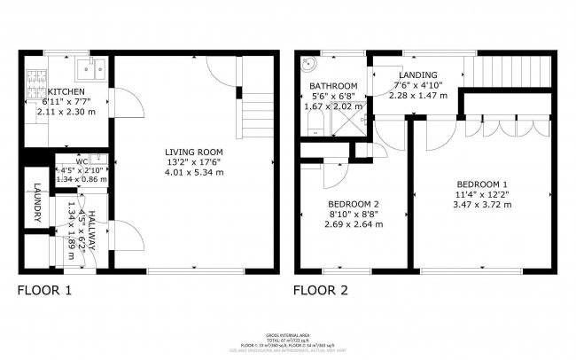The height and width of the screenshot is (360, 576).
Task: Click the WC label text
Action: tap(81, 162)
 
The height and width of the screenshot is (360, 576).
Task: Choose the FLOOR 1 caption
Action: tap(45, 290)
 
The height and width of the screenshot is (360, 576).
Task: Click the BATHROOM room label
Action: tap(332, 86)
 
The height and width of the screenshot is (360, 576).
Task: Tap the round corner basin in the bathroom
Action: tap(309, 65)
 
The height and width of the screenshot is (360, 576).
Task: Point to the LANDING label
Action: tap(416, 74)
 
